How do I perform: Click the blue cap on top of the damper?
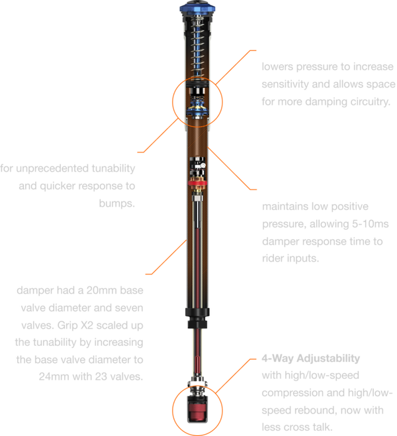(x=197, y=7)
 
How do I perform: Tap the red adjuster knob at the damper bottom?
(x=197, y=409)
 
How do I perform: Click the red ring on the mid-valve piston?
(x=197, y=183)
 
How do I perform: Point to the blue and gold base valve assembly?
(x=197, y=109)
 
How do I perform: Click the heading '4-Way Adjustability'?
(x=311, y=358)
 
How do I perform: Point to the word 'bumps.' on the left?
(x=117, y=203)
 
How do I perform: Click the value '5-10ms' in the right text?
(x=370, y=224)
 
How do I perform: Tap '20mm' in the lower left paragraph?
(x=100, y=290)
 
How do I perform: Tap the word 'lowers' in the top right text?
(x=277, y=67)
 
